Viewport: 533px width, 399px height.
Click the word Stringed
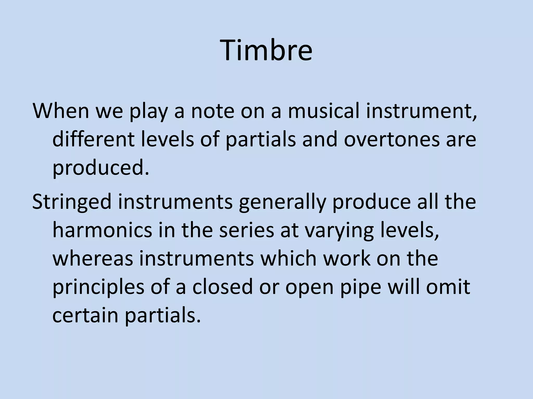pos(72,202)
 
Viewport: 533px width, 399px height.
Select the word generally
pos(282,202)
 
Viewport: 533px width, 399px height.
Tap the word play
pos(149,111)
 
